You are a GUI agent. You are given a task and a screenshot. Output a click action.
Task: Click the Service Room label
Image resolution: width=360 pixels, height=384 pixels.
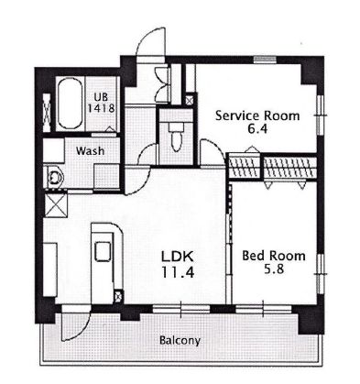click(x=257, y=116)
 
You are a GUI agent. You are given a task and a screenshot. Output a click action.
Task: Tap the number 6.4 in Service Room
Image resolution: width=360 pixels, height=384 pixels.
click(x=257, y=129)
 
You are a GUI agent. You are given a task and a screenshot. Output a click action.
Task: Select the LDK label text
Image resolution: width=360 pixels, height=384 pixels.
click(x=177, y=257)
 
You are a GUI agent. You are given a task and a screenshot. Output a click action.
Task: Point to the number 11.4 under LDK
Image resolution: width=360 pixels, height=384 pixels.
click(x=178, y=271)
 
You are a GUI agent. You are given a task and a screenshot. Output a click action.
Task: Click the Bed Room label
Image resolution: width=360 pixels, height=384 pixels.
click(x=274, y=256)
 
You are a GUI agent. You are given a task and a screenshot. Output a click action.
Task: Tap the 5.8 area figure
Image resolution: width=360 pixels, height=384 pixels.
click(x=274, y=269)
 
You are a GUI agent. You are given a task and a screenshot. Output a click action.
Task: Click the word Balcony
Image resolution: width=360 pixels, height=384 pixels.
click(x=180, y=340)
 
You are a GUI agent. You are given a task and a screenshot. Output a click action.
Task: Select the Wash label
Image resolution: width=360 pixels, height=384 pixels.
click(x=90, y=150)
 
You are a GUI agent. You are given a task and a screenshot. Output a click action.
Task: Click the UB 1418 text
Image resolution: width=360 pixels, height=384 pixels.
click(x=101, y=103)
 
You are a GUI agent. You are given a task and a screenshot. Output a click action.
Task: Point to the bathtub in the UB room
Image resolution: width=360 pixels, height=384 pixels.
click(x=70, y=104)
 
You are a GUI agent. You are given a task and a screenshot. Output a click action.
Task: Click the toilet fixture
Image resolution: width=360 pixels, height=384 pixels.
click(x=176, y=137)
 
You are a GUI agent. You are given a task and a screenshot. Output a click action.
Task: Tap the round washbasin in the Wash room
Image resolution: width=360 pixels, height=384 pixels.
click(x=55, y=177)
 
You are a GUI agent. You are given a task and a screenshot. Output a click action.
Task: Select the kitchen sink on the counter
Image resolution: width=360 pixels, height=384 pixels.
click(x=103, y=251)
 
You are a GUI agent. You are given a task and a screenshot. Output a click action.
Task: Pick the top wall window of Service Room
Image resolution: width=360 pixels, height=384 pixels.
click(x=265, y=60)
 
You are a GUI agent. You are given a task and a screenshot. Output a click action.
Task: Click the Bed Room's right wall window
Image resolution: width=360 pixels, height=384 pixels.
click(x=319, y=274)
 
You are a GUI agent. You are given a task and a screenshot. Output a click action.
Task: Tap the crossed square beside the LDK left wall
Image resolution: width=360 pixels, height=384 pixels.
click(x=56, y=205)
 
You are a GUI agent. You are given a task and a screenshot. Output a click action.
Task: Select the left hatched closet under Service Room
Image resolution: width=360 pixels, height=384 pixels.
click(x=245, y=167)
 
